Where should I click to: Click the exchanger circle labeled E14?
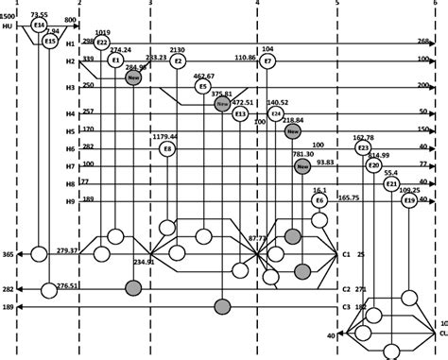coord(39,25)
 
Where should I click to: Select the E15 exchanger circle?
coord(50,42)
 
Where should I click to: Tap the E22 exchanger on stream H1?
coord(102,43)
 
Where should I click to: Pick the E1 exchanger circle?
coord(115,60)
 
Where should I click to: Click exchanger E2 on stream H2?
coord(178,61)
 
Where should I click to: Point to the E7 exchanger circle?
coord(268,61)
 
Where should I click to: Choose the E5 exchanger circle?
coord(203,87)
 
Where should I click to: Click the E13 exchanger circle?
coord(240,114)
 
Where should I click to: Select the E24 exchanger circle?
coord(276,113)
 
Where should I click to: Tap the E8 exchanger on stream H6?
coord(167,148)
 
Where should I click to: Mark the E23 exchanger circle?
coord(363,148)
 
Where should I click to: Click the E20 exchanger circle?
coord(374,166)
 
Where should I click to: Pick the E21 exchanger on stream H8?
coord(392,184)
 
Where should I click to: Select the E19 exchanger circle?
coord(408,201)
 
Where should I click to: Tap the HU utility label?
coord(8,26)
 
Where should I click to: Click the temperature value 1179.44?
coord(165,136)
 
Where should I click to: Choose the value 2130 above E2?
coord(177,48)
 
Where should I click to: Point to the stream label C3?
coord(347,307)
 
